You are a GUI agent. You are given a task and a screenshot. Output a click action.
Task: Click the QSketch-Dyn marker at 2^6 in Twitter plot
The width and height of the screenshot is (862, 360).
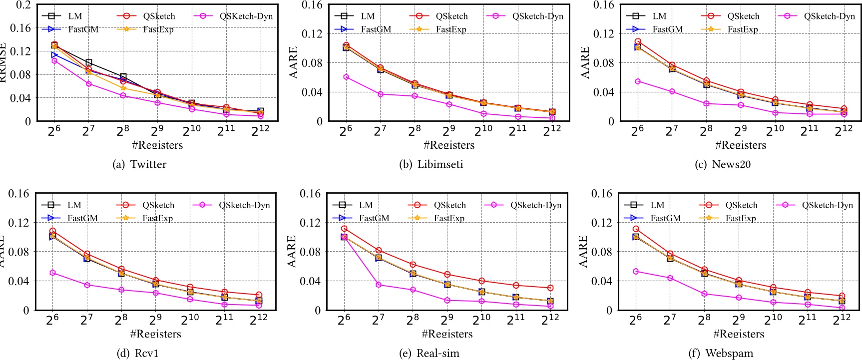(54, 61)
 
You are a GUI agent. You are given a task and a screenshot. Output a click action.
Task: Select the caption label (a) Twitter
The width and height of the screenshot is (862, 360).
(139, 164)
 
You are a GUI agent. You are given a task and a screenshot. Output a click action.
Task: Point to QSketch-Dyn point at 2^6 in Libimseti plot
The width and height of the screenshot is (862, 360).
(346, 77)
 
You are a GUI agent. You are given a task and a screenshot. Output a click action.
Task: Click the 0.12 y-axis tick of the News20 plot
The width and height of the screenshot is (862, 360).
(603, 34)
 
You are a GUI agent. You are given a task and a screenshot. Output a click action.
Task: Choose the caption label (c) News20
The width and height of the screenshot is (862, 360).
(722, 164)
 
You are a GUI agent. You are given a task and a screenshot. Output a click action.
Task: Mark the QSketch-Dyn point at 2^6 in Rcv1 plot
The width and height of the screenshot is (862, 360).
(52, 273)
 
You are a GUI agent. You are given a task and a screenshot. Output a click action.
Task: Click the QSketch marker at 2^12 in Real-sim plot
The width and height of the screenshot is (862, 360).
(550, 288)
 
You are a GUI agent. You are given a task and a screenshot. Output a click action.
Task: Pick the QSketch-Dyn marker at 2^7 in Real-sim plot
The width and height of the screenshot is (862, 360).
(379, 285)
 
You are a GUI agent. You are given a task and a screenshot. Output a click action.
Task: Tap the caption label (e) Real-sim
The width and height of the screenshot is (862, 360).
(429, 353)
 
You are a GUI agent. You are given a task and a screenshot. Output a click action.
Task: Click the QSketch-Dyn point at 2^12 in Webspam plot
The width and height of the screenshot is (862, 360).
(842, 308)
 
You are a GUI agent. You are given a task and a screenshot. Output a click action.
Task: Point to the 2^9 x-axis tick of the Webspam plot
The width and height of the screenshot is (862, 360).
(739, 320)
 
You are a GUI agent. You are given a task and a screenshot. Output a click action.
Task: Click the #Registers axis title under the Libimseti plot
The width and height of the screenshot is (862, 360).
(449, 145)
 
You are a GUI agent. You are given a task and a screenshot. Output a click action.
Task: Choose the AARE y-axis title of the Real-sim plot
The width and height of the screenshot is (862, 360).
(292, 251)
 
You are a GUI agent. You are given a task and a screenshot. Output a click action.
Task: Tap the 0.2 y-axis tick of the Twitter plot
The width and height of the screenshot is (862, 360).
(23, 5)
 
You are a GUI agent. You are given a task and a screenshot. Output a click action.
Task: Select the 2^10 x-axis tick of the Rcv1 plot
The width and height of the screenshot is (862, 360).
(190, 320)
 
